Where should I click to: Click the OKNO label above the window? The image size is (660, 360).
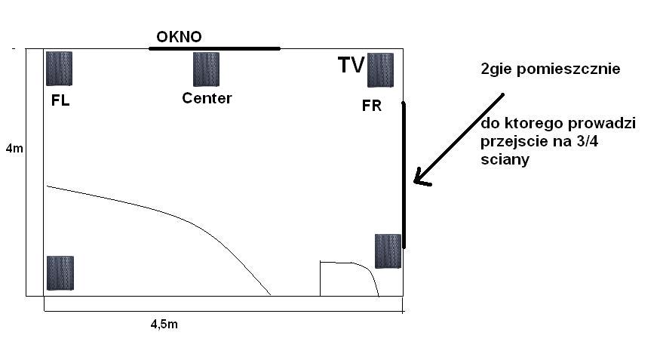tap(179, 37)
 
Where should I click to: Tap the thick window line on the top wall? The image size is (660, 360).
tap(214, 48)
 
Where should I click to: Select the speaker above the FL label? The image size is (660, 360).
tap(59, 69)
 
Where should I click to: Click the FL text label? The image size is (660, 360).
tap(60, 100)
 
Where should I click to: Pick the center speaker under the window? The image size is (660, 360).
tap(206, 69)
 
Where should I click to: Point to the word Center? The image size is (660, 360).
tap(207, 98)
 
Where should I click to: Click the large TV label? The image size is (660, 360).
tap(351, 65)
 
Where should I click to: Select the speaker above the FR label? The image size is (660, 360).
tap(380, 70)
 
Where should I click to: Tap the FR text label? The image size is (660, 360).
tap(372, 105)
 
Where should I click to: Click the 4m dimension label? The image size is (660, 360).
tap(15, 148)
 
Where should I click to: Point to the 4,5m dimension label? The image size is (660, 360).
tap(164, 325)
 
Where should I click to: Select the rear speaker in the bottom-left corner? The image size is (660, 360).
tap(60, 273)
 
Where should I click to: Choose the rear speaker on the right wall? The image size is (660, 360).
tap(388, 251)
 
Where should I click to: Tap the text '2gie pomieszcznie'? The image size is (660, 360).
tap(550, 69)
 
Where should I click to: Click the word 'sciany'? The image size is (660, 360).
tap(505, 159)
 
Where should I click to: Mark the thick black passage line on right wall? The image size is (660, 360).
tap(404, 175)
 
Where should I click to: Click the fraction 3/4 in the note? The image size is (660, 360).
tap(587, 141)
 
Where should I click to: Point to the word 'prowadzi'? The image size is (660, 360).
tap(602, 123)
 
